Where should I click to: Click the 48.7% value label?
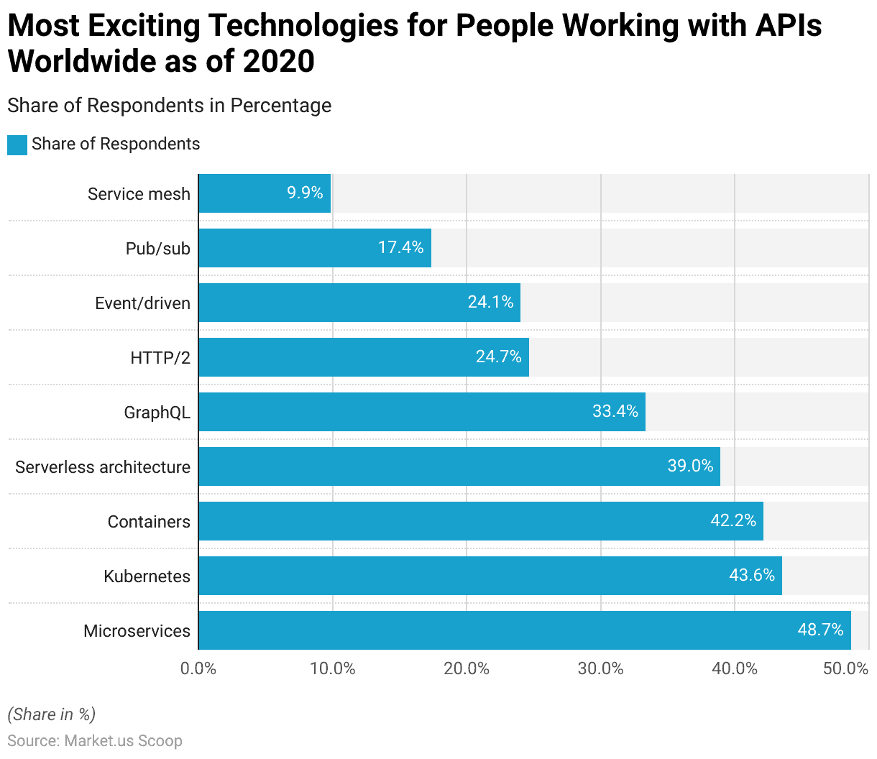tap(820, 630)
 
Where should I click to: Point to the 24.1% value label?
tap(490, 302)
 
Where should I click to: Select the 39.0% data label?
tap(690, 466)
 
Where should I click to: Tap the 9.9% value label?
tap(305, 193)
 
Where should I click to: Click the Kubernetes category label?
tap(147, 576)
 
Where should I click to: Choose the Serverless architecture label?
tap(103, 467)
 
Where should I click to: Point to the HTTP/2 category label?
tap(160, 357)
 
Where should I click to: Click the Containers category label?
tap(149, 522)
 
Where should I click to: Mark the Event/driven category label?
tap(142, 303)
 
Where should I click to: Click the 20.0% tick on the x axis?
tap(467, 668)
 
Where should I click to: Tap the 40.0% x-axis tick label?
tap(735, 668)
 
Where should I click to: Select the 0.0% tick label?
tap(198, 668)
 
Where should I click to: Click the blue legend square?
tap(17, 144)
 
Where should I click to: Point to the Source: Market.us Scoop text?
tap(95, 740)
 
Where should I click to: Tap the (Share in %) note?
tap(52, 714)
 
